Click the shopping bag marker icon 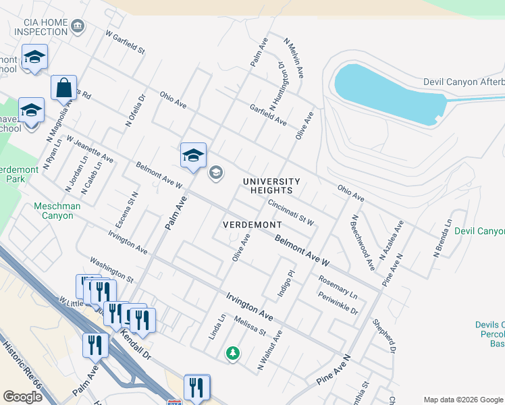pyautogui.click(x=63, y=88)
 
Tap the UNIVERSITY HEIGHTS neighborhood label pyautogui.click(x=271, y=186)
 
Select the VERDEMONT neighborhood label pyautogui.click(x=252, y=224)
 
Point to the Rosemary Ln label pyautogui.click(x=338, y=284)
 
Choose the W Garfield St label pyautogui.click(x=125, y=42)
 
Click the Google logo pyautogui.click(x=22, y=396)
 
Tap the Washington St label pyautogui.click(x=111, y=270)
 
